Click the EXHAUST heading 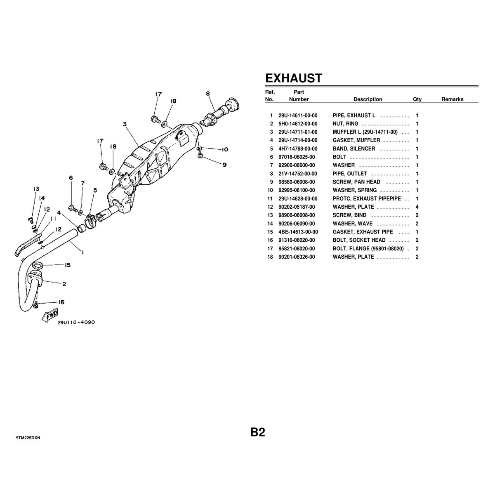(293, 78)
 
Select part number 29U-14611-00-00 (298, 115)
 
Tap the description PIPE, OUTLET (349, 174)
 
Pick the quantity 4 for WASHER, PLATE (417, 207)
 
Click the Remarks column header (452, 99)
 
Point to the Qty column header (417, 99)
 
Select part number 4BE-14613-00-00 (298, 232)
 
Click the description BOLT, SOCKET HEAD (359, 240)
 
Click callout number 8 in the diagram (208, 94)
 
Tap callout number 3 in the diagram (124, 124)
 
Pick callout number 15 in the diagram (67, 265)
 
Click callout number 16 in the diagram (61, 302)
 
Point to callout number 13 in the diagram (36, 189)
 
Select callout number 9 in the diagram (224, 165)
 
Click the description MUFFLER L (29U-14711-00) (368, 132)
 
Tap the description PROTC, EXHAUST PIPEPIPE (367, 198)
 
